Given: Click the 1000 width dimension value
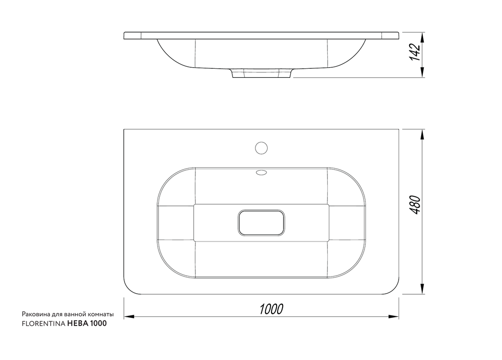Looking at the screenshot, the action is click(x=271, y=309).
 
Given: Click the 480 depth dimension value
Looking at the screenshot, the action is click(x=415, y=205).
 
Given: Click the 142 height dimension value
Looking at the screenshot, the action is click(x=415, y=52).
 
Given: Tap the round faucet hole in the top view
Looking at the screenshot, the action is click(x=261, y=148).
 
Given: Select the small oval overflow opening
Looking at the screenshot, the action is click(x=261, y=173).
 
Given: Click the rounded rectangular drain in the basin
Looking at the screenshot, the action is click(x=261, y=222).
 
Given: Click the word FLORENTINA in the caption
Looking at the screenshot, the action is click(x=43, y=323).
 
